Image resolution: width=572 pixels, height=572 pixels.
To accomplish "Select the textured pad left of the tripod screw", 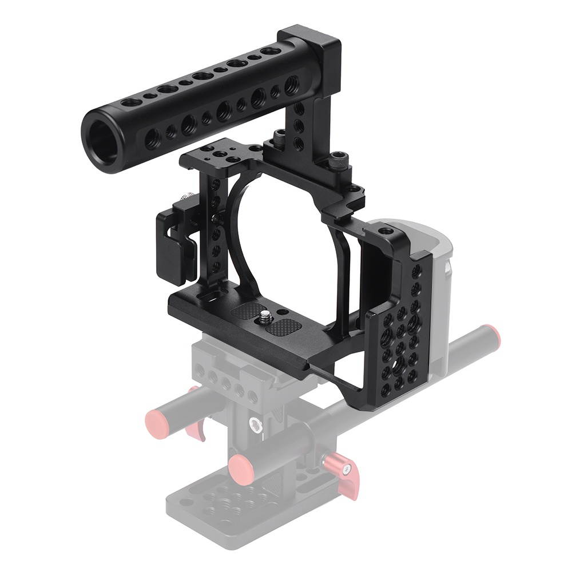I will [x=245, y=312].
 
